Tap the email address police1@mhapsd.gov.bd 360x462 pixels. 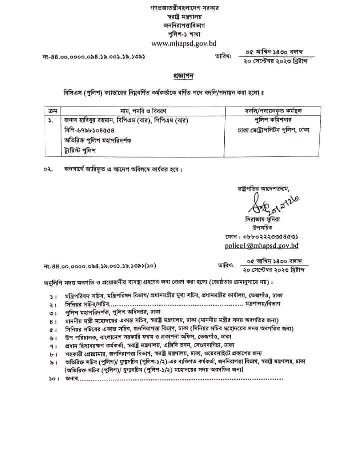click(x=261, y=246)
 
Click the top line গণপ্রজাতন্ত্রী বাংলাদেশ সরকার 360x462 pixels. click(x=181, y=9)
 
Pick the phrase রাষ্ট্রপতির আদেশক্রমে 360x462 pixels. click(x=264, y=188)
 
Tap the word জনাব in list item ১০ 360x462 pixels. click(x=73, y=379)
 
